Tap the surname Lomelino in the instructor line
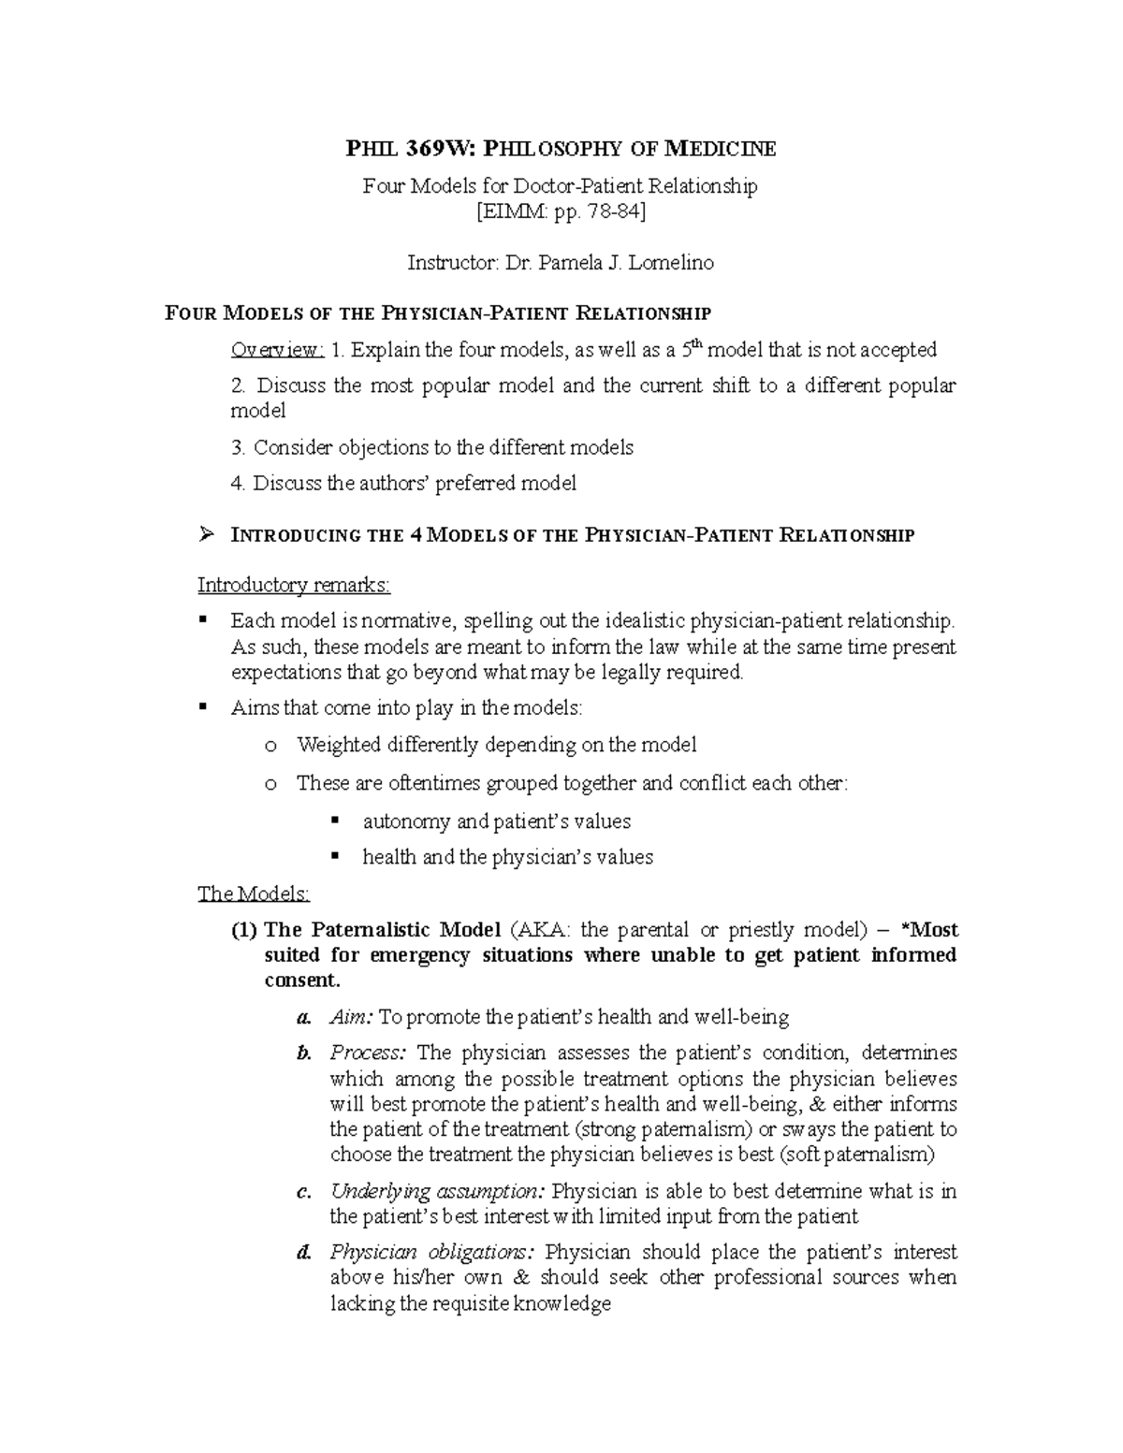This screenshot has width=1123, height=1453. tap(671, 263)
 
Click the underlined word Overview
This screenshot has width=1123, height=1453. tap(277, 350)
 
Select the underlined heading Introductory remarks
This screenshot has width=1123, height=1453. tap(294, 585)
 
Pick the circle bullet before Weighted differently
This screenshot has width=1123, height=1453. tap(270, 746)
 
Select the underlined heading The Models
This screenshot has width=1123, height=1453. tap(253, 894)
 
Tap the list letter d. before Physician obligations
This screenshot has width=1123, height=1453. tap(302, 1253)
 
